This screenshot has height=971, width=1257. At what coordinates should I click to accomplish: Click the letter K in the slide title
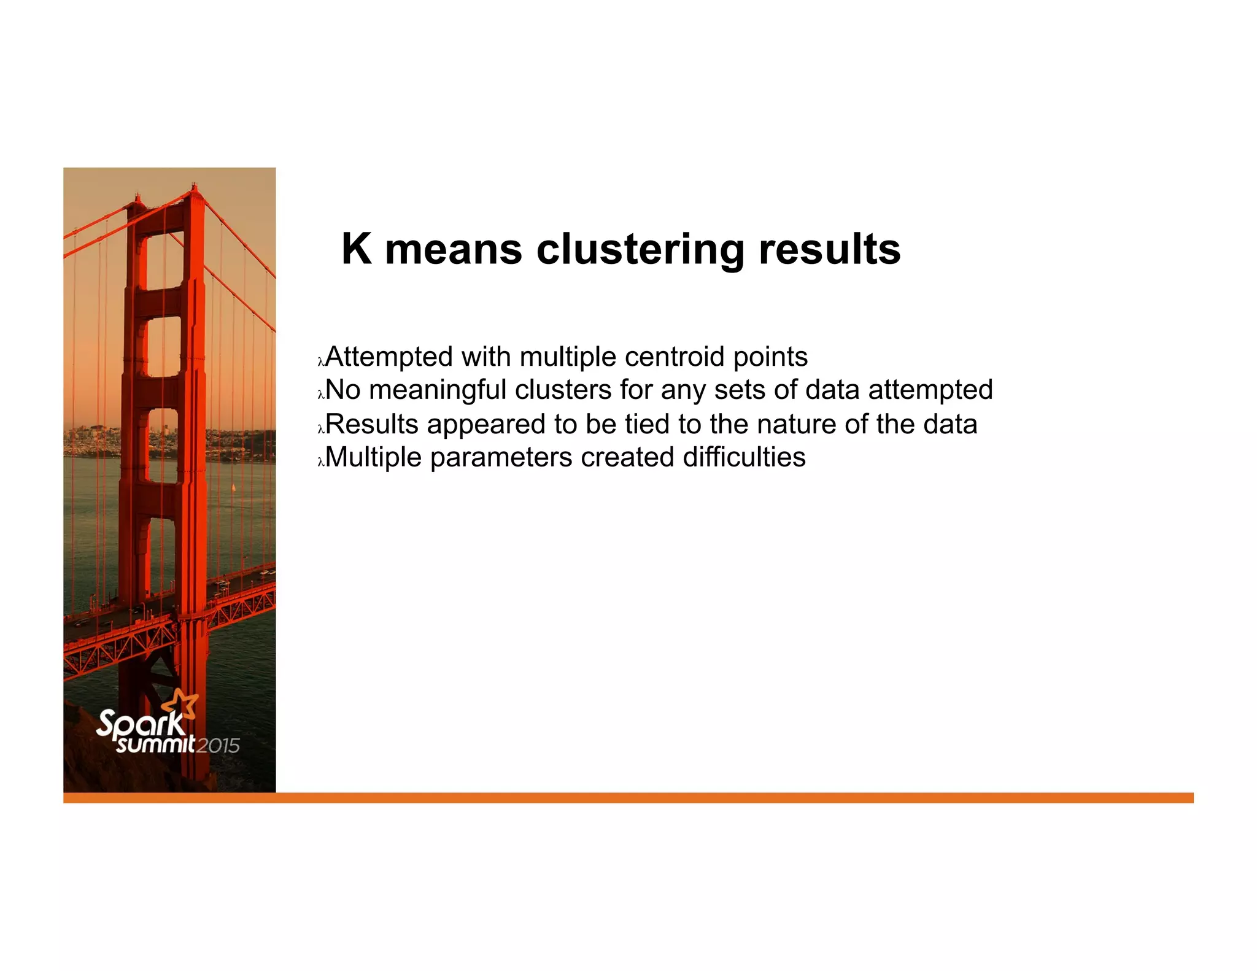point(357,249)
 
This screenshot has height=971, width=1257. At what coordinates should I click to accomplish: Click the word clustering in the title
point(641,250)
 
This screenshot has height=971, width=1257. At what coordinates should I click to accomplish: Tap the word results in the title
point(829,249)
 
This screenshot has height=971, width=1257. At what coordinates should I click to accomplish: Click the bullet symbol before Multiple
point(320,462)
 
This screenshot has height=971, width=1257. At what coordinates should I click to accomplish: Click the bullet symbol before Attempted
point(320,362)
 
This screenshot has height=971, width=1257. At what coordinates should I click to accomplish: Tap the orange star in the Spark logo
point(182,704)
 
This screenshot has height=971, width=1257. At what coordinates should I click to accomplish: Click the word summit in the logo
point(156,745)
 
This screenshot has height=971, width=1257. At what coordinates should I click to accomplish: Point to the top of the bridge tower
point(194,187)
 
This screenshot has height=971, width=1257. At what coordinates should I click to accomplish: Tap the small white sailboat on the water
point(233,487)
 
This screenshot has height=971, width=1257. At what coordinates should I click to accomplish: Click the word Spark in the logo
point(140,724)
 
